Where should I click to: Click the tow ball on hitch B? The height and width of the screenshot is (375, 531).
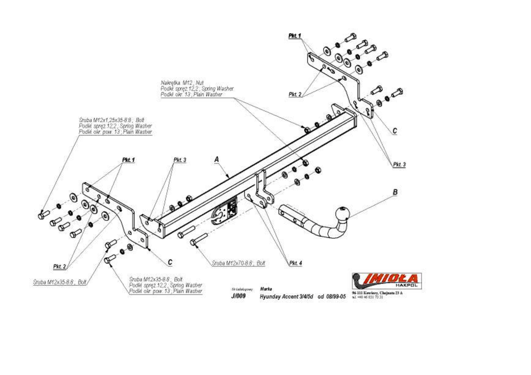(343, 213)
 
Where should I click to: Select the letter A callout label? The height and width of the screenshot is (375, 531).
(217, 160)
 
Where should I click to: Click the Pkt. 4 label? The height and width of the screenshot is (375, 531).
(295, 263)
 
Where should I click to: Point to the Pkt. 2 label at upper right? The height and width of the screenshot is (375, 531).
(295, 94)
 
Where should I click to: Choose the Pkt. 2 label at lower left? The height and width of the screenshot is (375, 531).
(60, 266)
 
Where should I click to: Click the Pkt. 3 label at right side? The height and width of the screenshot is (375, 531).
(399, 164)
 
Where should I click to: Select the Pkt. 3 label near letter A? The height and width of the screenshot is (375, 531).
(179, 160)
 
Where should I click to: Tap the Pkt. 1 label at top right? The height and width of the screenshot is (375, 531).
(295, 36)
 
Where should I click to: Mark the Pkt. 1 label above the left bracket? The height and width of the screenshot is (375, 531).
(128, 160)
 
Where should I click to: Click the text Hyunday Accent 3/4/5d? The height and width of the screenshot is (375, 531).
(287, 297)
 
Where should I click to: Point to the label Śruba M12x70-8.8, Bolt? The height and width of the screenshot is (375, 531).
(238, 263)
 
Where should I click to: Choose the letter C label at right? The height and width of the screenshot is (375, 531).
(395, 131)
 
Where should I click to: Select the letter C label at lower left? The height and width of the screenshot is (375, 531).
(170, 262)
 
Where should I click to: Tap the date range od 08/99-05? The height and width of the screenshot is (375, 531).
(331, 297)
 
